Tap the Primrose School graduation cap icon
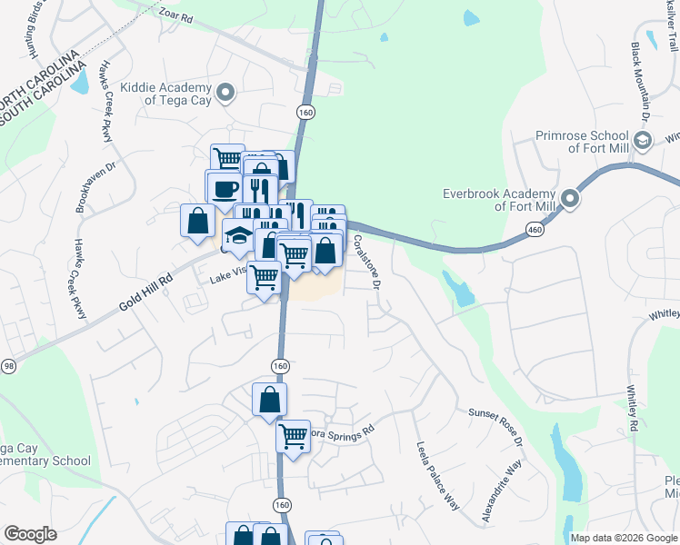coord(643,140)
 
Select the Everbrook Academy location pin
coord(570,199)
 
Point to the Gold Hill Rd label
coord(145,292)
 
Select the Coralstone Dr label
coord(366,262)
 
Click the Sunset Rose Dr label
coord(495,425)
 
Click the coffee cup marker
coord(225,190)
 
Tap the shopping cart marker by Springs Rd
coord(293,436)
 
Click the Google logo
coord(30,534)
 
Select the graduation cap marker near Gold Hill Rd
coord(239,235)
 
